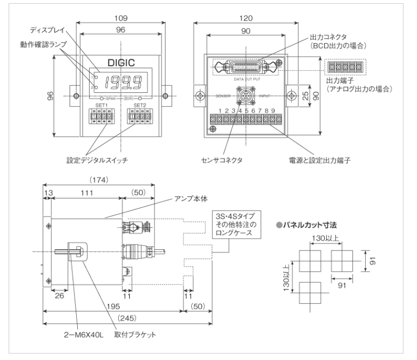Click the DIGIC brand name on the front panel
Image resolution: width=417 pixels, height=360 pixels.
coord(120,63)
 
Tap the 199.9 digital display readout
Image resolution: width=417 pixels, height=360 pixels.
coord(123,83)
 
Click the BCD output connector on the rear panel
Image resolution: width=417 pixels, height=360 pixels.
coord(246,67)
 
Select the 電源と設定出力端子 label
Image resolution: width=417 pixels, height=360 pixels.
coord(313,160)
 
